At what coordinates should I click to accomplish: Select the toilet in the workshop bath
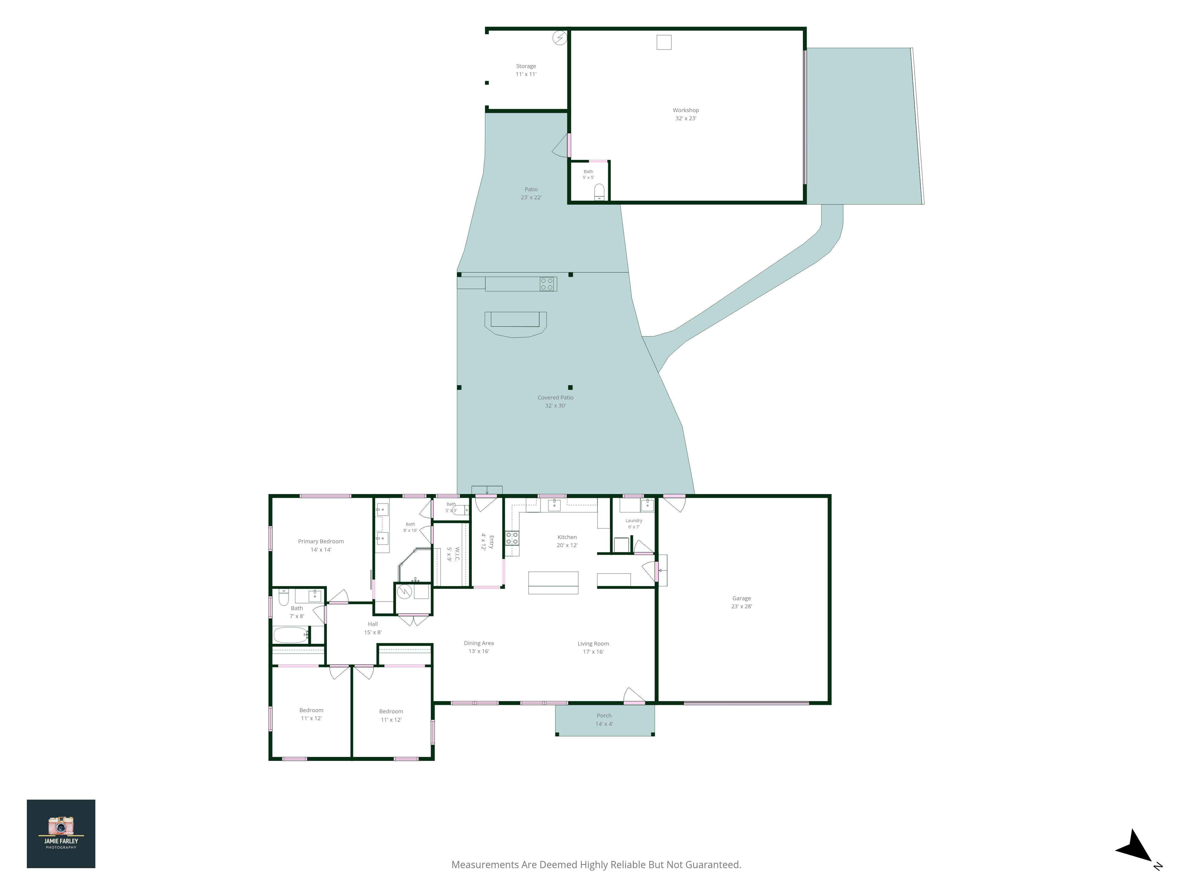click(599, 192)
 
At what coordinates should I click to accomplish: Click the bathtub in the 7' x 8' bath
click(291, 635)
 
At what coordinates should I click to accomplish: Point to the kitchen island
click(553, 583)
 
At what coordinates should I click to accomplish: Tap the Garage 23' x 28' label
click(741, 602)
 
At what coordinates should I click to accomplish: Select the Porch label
click(604, 715)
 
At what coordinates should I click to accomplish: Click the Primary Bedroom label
click(321, 541)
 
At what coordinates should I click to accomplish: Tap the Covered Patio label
click(556, 398)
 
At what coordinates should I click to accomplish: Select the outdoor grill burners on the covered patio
click(547, 284)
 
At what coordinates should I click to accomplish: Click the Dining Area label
click(479, 643)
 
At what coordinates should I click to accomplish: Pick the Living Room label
click(593, 644)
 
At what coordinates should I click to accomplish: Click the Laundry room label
click(634, 521)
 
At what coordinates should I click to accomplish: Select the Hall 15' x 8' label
click(373, 628)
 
